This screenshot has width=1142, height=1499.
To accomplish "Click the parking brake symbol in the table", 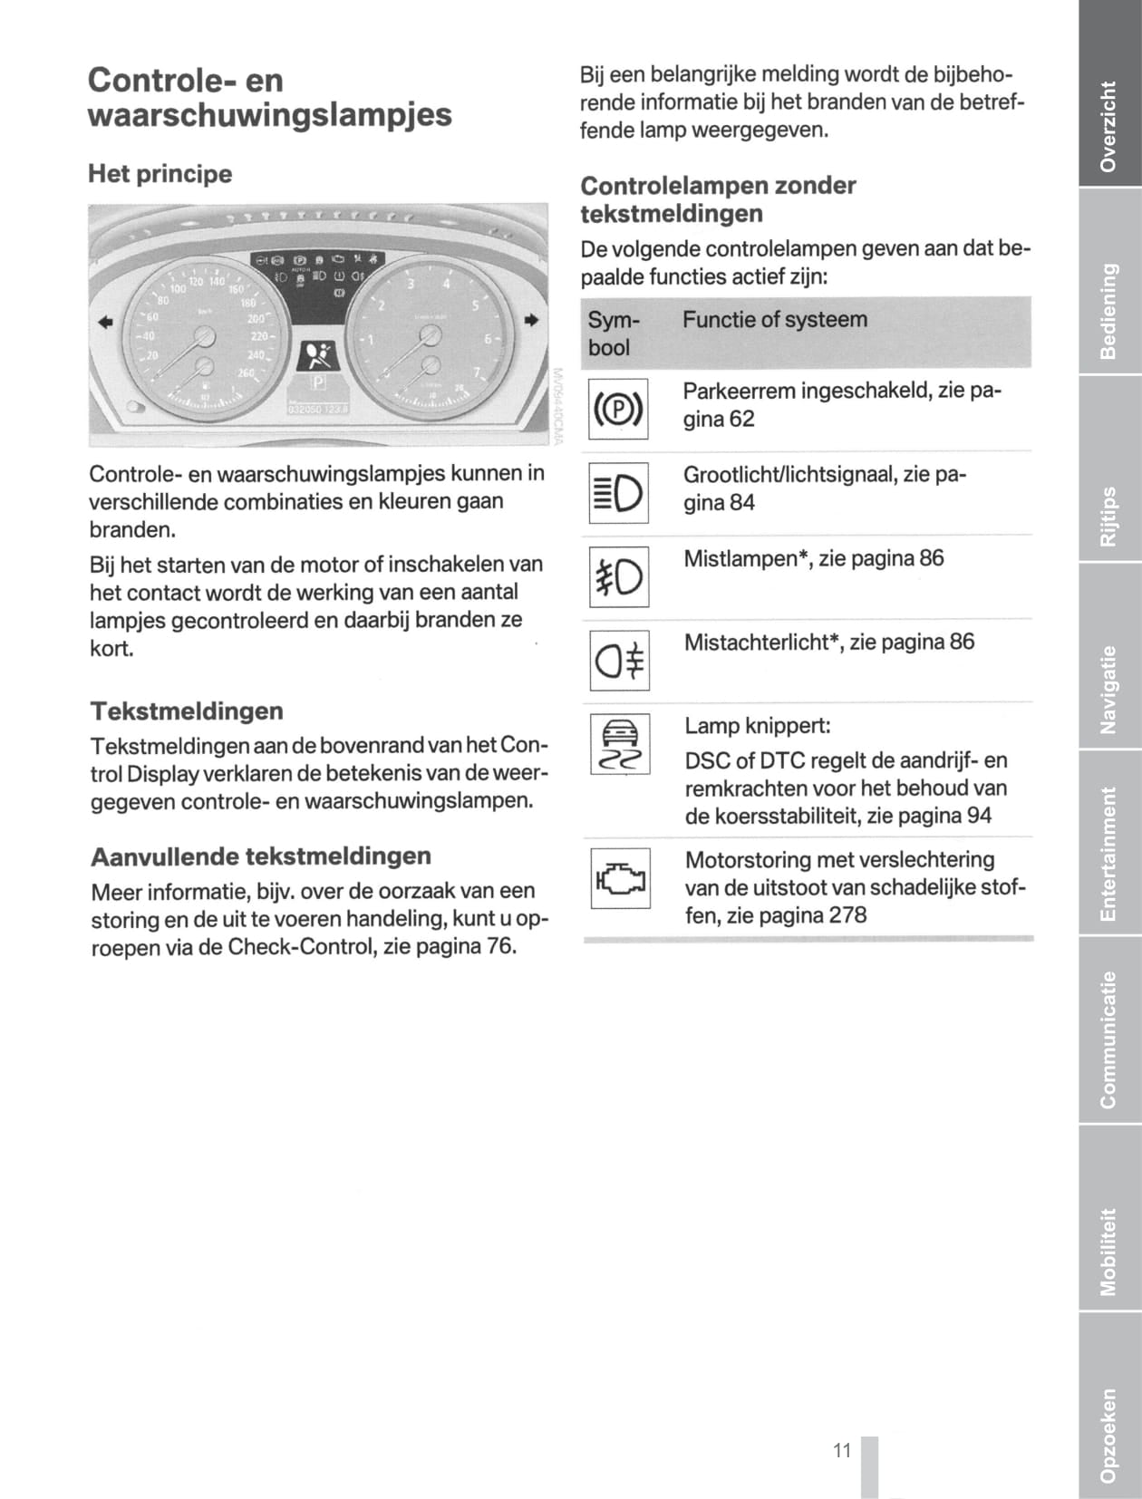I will click(x=618, y=410).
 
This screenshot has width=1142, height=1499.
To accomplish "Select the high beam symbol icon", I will click(x=618, y=493).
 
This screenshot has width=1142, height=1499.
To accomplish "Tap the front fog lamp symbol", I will click(x=618, y=577).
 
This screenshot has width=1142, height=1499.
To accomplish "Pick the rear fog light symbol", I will click(x=620, y=661).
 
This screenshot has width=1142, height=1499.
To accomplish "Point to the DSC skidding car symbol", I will click(x=620, y=744).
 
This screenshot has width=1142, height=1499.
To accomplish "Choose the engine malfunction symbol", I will click(x=620, y=878).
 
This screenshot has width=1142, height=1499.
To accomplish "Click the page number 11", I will click(x=842, y=1451).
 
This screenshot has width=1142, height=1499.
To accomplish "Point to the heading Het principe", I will click(x=160, y=174).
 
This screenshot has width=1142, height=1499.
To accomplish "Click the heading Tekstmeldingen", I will click(x=187, y=711).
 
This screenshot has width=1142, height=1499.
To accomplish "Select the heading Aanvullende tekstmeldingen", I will click(x=261, y=856).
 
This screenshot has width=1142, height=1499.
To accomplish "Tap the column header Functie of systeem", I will click(x=775, y=320).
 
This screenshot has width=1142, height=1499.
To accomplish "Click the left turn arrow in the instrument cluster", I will click(x=106, y=321).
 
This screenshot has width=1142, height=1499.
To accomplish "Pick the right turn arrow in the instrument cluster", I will click(x=531, y=320).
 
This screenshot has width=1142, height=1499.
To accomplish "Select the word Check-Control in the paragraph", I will click(x=295, y=947).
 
